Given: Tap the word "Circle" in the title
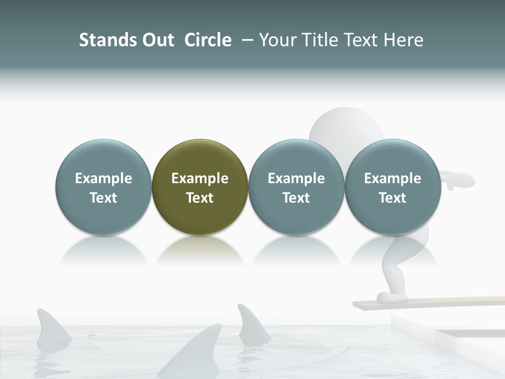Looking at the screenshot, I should click(208, 40).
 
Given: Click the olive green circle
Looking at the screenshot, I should click(200, 187).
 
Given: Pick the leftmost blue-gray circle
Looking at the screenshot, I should click(103, 187).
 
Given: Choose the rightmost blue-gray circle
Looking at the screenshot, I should click(392, 187).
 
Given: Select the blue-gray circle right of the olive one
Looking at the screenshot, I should click(296, 187).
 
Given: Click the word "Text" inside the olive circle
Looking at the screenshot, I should click(200, 198).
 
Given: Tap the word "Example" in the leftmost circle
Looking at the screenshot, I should click(103, 178).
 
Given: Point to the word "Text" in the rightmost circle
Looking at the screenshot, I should click(392, 198).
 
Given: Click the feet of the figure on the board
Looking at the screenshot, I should click(392, 297).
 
